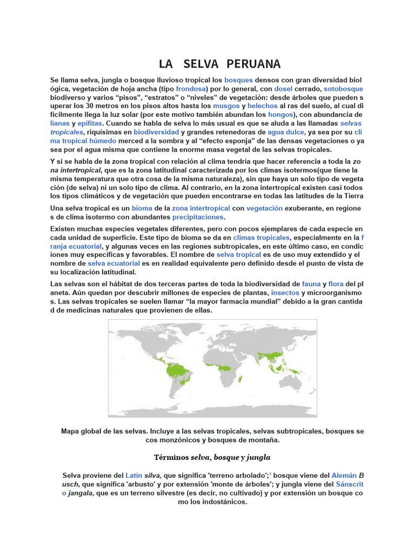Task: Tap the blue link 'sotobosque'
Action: pyautogui.click(x=343, y=89)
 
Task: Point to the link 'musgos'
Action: pyautogui.click(x=226, y=106)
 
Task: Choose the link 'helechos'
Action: pyautogui.click(x=263, y=106)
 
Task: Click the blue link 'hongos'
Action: pyautogui.click(x=280, y=115)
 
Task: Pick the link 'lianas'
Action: pyautogui.click(x=59, y=123)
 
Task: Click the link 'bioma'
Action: pyautogui.click(x=142, y=208)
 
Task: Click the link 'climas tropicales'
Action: pyautogui.click(x=262, y=238)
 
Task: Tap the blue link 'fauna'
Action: pyautogui.click(x=311, y=283)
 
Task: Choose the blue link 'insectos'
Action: pyautogui.click(x=285, y=292)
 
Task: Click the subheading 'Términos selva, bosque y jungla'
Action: pyautogui.click(x=212, y=458)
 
